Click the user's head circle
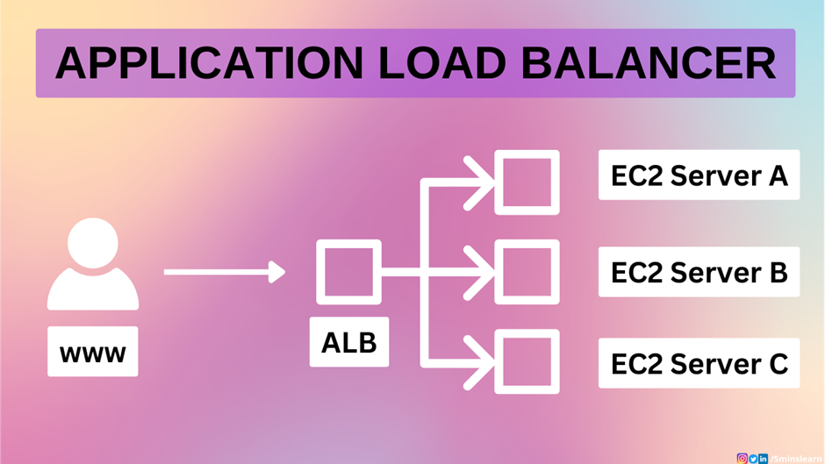(x=92, y=243)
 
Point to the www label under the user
(x=92, y=352)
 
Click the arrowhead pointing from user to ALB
(x=278, y=272)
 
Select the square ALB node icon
(x=348, y=272)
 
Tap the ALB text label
(x=348, y=343)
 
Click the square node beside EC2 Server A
(x=527, y=182)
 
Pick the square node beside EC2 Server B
(x=527, y=272)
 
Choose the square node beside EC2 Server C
(x=527, y=361)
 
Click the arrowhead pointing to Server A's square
(x=482, y=182)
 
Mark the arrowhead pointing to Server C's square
(x=482, y=361)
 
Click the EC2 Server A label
(x=699, y=175)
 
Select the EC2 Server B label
(x=699, y=272)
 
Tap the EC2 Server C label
(x=699, y=363)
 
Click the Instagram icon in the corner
(x=742, y=458)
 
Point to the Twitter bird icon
(x=753, y=458)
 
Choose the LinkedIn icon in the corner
(x=764, y=458)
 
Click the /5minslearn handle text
(x=795, y=458)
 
